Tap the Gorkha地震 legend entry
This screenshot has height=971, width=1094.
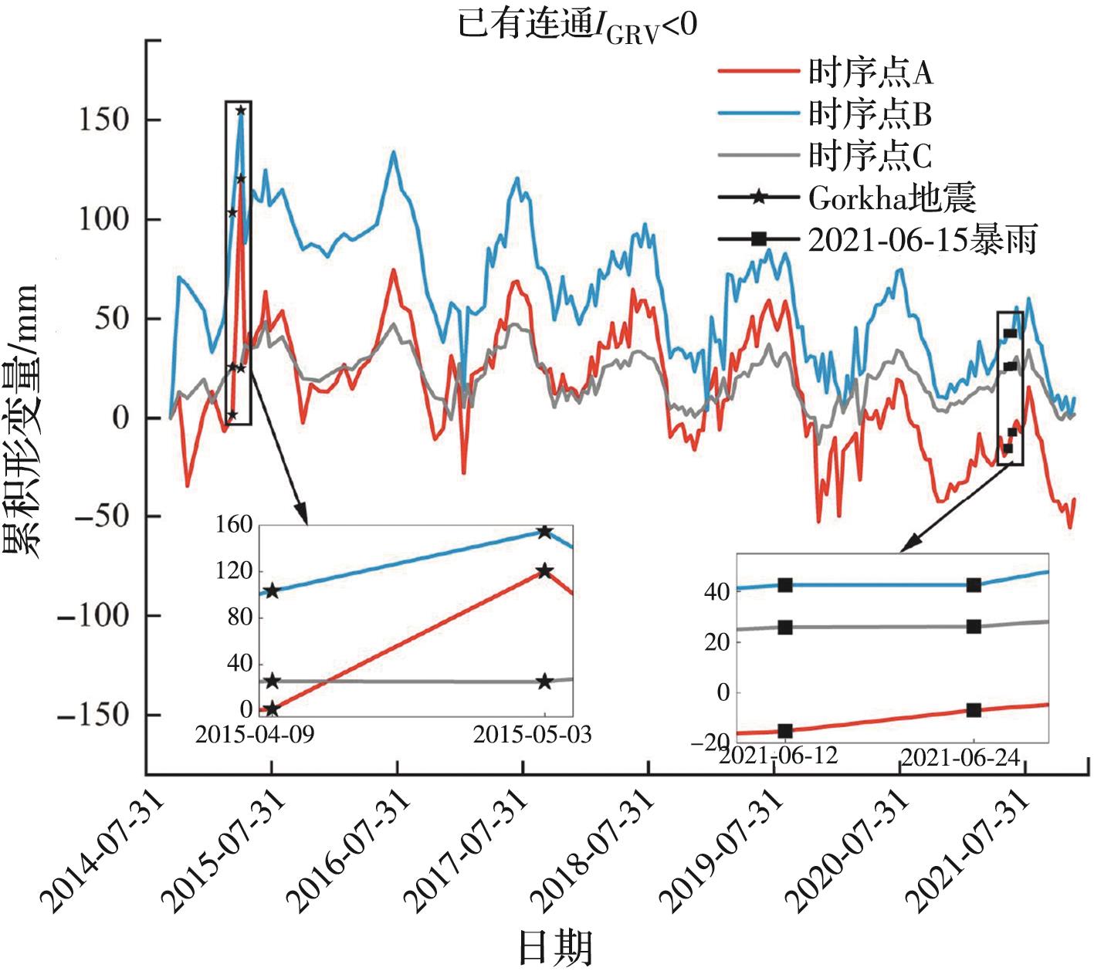click(892, 198)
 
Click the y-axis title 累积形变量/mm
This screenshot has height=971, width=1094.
click(22, 421)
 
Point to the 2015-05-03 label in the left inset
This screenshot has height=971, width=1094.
click(532, 734)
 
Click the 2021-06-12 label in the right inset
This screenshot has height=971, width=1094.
click(779, 754)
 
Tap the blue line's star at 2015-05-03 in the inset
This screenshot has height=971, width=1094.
click(544, 532)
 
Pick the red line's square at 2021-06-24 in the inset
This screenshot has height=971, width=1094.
click(974, 710)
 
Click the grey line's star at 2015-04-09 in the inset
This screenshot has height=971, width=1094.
click(272, 682)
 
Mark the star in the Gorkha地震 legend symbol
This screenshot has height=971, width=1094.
click(758, 198)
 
